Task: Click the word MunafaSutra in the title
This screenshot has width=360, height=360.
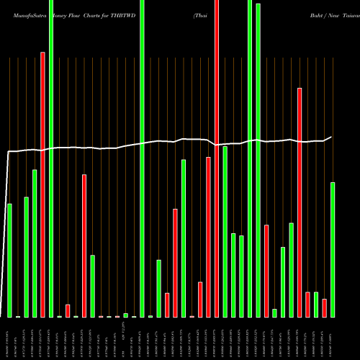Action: (x=25, y=13)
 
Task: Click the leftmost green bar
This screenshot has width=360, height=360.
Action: (x=9, y=260)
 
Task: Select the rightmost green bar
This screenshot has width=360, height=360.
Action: (x=333, y=249)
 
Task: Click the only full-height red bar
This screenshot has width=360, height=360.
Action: (x=217, y=158)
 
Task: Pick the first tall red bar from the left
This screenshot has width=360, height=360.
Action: (x=42, y=184)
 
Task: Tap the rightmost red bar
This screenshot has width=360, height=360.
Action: (x=325, y=307)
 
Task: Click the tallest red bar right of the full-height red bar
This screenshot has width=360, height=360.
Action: (x=300, y=202)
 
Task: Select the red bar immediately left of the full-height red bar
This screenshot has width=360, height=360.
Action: (x=209, y=237)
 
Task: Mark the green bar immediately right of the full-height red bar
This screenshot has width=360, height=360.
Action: (x=225, y=231)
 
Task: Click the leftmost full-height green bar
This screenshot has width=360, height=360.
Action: (x=51, y=158)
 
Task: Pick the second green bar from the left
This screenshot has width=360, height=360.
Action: (x=26, y=256)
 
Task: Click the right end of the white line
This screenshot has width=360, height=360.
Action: (x=331, y=137)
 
